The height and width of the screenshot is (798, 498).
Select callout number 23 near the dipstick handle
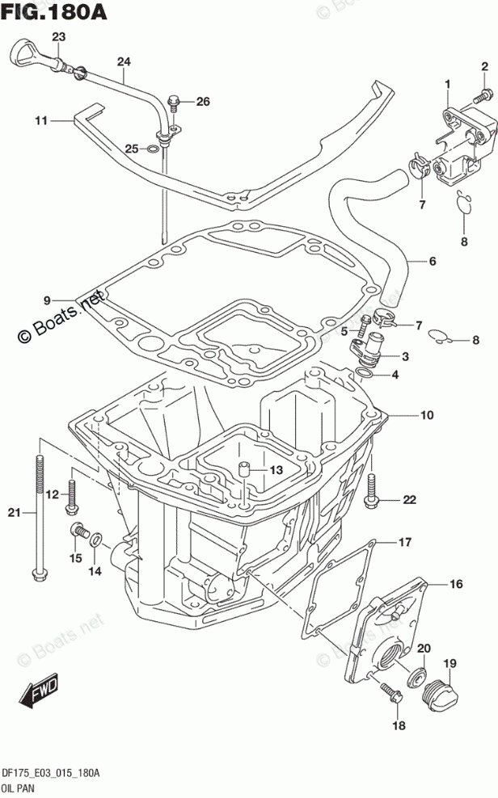58,36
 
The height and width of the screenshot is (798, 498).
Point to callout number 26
201,101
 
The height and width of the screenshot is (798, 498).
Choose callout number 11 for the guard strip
41,121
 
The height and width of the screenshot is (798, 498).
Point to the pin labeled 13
242,468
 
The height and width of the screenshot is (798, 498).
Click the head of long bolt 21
37,575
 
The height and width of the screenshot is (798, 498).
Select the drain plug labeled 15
78,530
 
